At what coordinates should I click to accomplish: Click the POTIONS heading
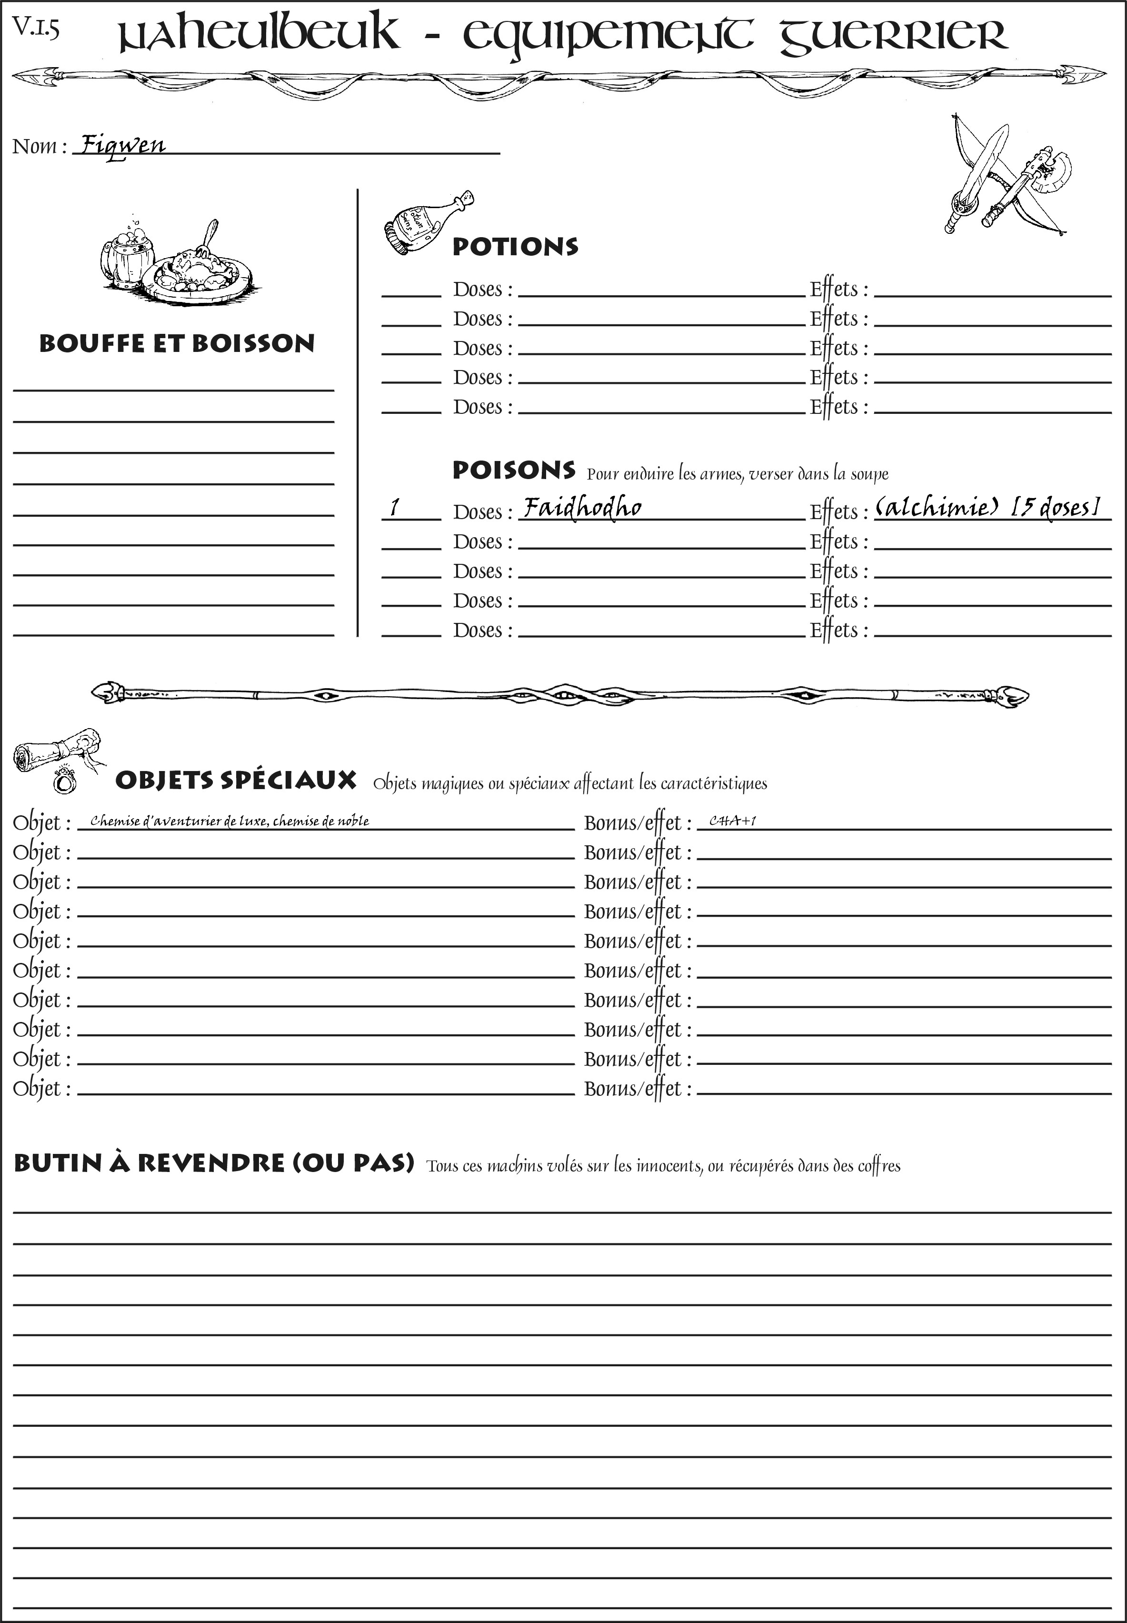[515, 247]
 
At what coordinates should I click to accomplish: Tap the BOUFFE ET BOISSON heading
[177, 343]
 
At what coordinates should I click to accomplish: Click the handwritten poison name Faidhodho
[582, 507]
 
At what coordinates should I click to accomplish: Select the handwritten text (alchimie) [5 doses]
[987, 507]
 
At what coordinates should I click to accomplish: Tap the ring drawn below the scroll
[65, 781]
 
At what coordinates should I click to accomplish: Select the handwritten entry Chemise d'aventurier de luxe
[229, 821]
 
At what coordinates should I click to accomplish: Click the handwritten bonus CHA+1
[732, 821]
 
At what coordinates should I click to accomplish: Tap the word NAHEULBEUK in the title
[258, 35]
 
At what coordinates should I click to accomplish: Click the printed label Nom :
[40, 146]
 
